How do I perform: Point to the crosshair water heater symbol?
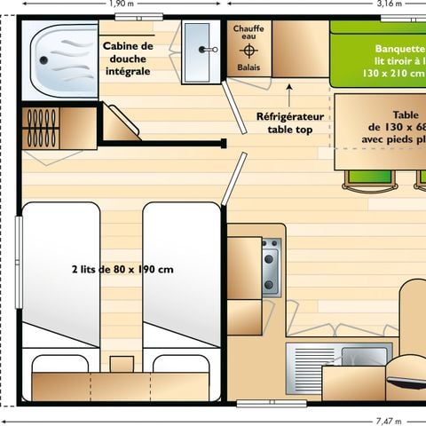coord(248,51)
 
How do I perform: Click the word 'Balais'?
coord(248,67)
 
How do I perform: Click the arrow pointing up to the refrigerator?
coord(290,91)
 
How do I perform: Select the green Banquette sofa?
coord(377,53)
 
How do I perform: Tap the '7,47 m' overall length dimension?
coord(388,421)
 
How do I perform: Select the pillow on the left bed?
coord(61,364)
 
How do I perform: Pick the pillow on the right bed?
coord(181,364)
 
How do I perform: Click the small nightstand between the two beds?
coord(121,364)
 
